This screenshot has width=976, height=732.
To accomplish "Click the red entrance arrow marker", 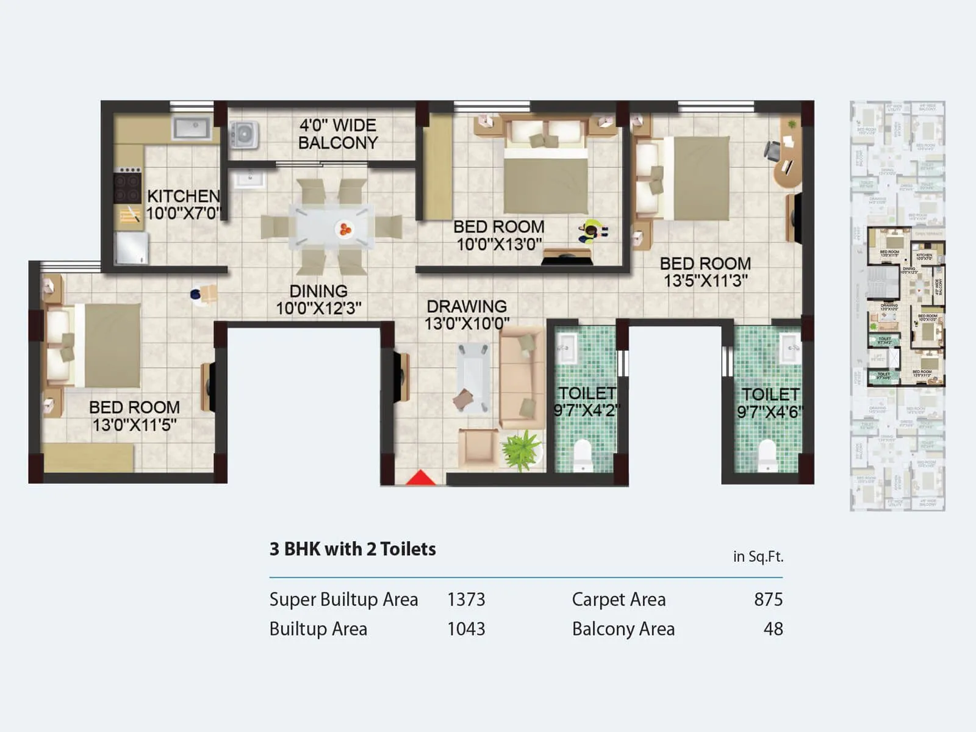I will [x=421, y=478].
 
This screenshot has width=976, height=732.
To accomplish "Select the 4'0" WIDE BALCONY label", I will [x=338, y=134].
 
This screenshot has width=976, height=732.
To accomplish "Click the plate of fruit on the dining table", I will [x=345, y=229].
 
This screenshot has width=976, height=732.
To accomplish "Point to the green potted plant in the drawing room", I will [x=521, y=450].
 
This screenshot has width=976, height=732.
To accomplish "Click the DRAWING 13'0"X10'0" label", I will [x=467, y=315].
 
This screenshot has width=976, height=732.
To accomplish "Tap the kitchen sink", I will [x=192, y=129].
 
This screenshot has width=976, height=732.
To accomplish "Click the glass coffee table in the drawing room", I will [x=473, y=378].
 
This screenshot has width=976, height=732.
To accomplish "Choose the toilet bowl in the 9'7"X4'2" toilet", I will [x=583, y=455].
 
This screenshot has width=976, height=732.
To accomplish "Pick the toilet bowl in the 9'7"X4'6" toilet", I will [x=767, y=456].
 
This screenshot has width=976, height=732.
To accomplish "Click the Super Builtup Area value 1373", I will [x=466, y=600].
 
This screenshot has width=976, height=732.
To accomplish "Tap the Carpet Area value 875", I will [x=768, y=600].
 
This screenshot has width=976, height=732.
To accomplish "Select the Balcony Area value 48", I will [x=773, y=629].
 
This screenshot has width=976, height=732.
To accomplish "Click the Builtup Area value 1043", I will [x=466, y=629].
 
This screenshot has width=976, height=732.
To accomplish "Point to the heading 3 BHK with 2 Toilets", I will [x=353, y=549].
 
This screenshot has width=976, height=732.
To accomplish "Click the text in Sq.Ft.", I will [x=758, y=556].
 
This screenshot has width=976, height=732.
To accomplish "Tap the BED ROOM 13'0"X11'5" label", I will [x=134, y=415].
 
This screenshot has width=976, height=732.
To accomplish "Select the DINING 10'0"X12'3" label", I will [x=318, y=300].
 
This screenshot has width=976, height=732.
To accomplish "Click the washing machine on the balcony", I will [x=243, y=135].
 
